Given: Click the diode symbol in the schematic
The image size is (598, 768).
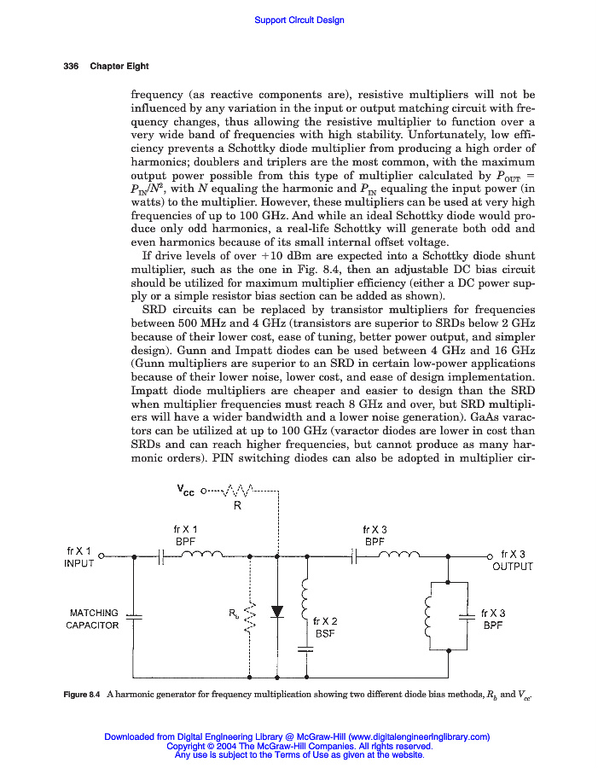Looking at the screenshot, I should (276, 611).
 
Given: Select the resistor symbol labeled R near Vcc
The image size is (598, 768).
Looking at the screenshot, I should (236, 492).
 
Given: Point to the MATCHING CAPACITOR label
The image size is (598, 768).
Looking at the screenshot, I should (94, 619).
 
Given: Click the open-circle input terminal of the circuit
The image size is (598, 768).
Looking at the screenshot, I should (102, 556).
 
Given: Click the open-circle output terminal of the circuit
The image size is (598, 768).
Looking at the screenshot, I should (491, 556).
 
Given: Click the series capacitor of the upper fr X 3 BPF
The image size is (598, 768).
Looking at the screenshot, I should (353, 556).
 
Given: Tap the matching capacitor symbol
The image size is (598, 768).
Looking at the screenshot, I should (133, 615).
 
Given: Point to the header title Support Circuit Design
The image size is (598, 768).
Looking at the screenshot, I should (299, 20).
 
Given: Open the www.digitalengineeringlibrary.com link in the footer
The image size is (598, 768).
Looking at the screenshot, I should (418, 736).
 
